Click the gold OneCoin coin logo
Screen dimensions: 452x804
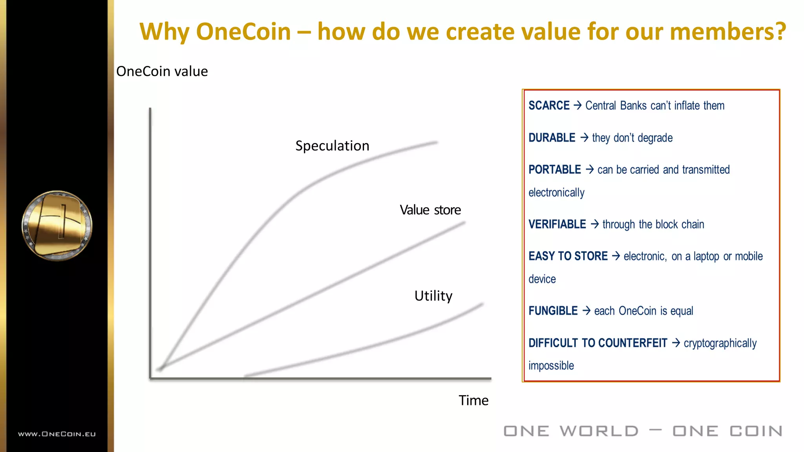[x=57, y=226]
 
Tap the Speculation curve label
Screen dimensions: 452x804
[x=332, y=146]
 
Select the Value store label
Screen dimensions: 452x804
[x=430, y=210]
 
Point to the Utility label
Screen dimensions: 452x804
[x=433, y=296]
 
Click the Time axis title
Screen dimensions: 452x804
[x=473, y=401]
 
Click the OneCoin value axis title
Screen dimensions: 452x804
[x=162, y=71]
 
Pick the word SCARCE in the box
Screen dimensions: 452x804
[x=548, y=106]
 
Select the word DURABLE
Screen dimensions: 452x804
[x=552, y=138]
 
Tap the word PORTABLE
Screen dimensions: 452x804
[x=554, y=169]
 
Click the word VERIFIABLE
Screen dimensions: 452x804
[x=557, y=224]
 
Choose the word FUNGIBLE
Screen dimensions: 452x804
[x=553, y=311]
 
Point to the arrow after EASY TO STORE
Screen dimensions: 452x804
[x=616, y=256]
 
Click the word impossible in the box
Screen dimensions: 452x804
[x=551, y=366]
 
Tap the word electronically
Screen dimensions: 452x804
[x=556, y=193]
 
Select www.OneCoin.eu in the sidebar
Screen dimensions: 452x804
[x=57, y=434]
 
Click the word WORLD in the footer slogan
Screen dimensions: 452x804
[x=599, y=431]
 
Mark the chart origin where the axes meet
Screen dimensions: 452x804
[x=150, y=378]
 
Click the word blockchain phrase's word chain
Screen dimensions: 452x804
[x=693, y=224]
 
